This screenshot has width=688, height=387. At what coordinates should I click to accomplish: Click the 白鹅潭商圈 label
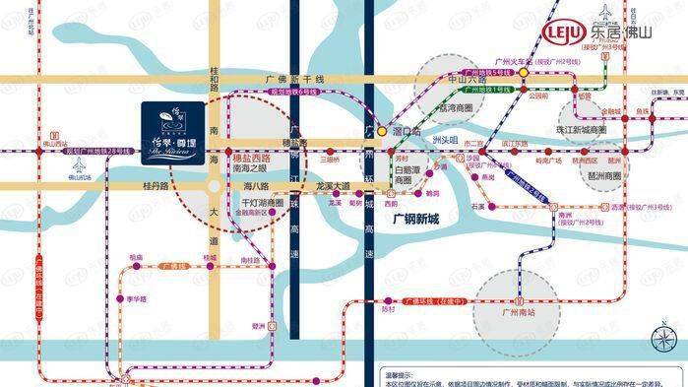pos(408,174)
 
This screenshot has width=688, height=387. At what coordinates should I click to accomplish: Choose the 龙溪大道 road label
pos(334,184)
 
